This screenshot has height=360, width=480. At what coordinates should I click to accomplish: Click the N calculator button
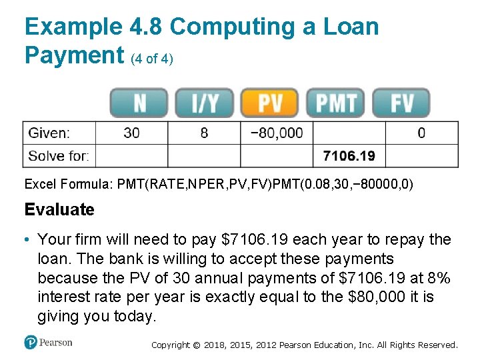point(139,103)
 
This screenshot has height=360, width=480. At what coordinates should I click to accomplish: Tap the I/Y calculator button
point(204,103)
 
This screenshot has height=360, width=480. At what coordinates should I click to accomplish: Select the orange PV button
point(270,103)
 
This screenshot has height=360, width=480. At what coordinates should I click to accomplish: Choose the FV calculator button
point(401,103)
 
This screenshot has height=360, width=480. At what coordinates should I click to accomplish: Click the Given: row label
point(49,133)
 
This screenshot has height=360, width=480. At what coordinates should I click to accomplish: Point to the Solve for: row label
point(59,157)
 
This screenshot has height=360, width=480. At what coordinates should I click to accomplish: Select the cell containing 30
point(132,133)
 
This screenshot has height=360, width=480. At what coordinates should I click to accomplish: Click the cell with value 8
point(204,133)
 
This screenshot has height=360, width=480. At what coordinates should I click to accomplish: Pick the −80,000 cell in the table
point(276,133)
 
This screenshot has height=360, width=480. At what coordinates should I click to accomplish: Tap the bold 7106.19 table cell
point(349,157)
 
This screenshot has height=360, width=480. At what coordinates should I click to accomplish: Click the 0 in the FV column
point(421,133)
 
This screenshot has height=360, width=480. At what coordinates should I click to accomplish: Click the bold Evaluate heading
point(59,209)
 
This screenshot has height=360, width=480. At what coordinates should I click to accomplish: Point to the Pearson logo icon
point(31,343)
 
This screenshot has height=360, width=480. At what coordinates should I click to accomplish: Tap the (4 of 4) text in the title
point(153,59)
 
